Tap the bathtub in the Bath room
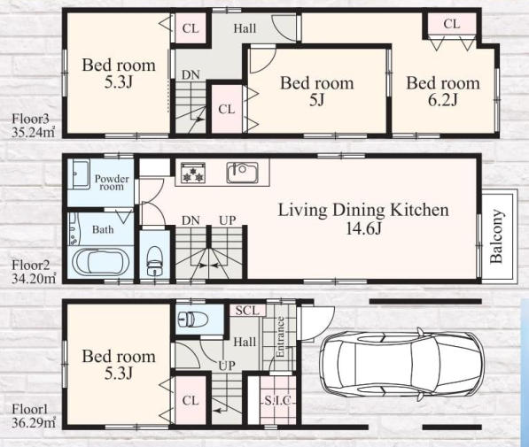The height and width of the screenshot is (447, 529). coord(100,263)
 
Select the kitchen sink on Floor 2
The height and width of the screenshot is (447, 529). coord(242,173)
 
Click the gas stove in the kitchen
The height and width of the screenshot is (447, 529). coord(193,173)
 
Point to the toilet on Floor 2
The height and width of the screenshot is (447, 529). coord(155,261)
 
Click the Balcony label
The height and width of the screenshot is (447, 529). coord(496,236)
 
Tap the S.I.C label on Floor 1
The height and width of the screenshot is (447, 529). coord(277,400)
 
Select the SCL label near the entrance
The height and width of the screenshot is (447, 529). coord(247,310)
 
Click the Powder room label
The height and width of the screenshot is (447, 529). coord(112,182)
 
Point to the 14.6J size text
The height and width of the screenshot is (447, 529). coord(363,229)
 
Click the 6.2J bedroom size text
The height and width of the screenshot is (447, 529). coord(443,100)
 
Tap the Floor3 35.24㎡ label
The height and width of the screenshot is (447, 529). coord(33,126)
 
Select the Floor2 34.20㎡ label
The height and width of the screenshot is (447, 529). coord(33,272)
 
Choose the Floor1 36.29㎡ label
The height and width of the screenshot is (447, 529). coord(33,416)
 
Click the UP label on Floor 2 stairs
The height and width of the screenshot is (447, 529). coord(228,220)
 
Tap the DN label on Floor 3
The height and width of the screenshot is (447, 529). coord(191,75)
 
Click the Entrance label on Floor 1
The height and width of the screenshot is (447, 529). coord(280,337)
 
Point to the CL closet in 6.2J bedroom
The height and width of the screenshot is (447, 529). coord(451,24)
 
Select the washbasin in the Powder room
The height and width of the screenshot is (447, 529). coord(79,174)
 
